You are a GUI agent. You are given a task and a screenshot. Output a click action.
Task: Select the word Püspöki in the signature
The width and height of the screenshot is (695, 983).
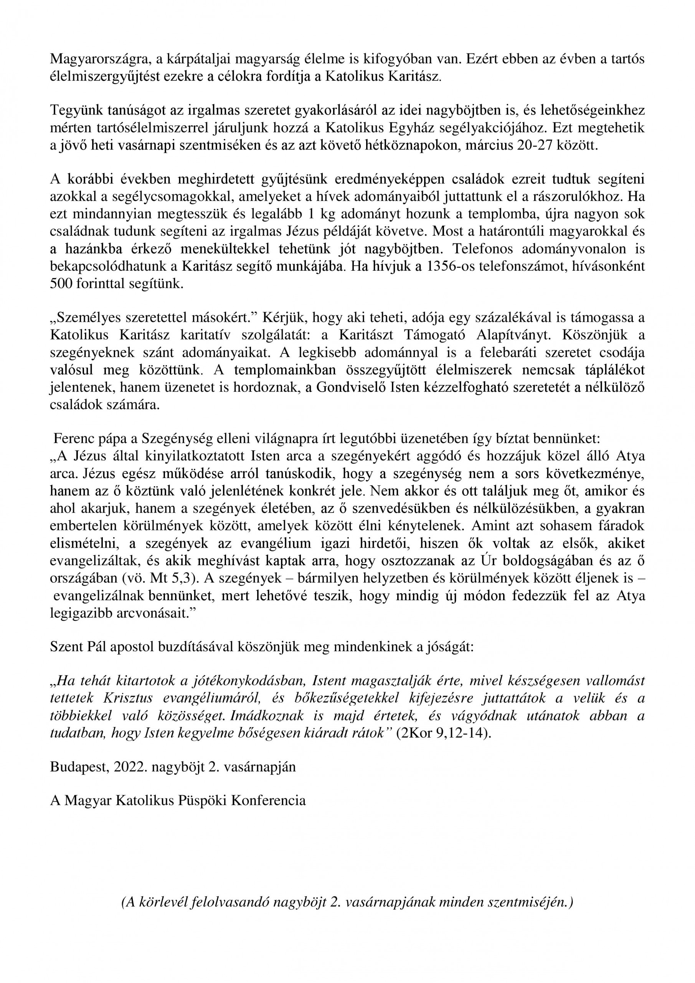pos(203,801)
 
